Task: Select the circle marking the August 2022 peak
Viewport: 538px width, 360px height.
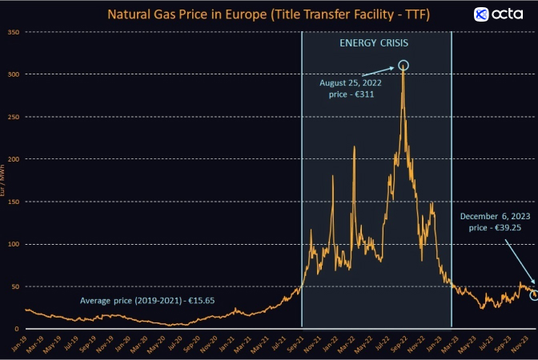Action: pyautogui.click(x=403, y=65)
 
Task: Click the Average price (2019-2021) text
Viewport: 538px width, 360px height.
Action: pyautogui.click(x=147, y=301)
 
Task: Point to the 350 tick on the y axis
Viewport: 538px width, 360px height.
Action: pyautogui.click(x=14, y=32)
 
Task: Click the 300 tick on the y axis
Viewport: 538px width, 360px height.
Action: pyautogui.click(x=14, y=74)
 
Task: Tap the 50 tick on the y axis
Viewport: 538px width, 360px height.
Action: pyautogui.click(x=15, y=286)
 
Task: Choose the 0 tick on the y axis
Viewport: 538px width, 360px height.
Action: pyautogui.click(x=18, y=329)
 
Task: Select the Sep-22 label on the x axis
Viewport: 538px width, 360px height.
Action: pyautogui.click(x=399, y=344)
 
